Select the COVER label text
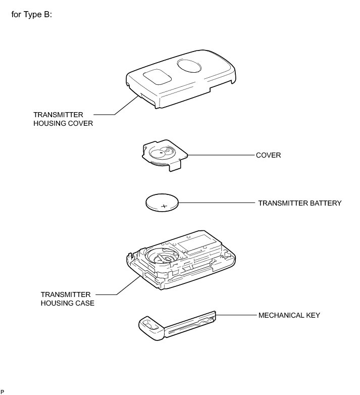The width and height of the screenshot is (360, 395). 269,155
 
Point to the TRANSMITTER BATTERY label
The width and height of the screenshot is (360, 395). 300,203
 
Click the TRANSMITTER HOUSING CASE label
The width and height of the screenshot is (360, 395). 67,299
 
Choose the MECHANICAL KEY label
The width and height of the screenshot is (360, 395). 289,315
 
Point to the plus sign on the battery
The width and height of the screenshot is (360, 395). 164,206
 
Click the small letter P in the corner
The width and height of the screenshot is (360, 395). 3,391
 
